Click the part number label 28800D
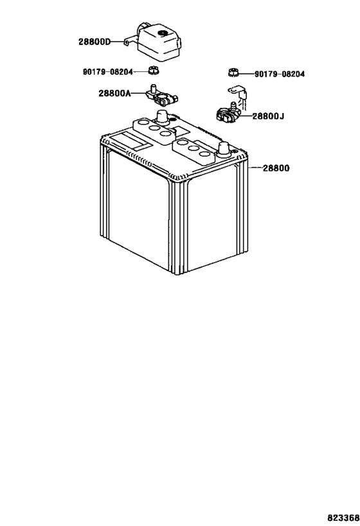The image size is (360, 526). [x=94, y=42]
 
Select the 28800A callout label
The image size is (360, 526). [x=114, y=93]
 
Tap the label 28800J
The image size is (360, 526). [x=268, y=116]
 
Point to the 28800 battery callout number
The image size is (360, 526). [x=276, y=168]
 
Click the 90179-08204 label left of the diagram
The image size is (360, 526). [x=108, y=72]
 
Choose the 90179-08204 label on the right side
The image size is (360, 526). [x=280, y=74]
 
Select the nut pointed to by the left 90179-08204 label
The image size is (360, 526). [x=154, y=71]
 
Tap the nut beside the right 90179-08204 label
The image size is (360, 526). [x=233, y=72]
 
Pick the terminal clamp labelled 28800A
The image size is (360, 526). [x=162, y=95]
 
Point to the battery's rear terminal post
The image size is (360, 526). [x=161, y=117]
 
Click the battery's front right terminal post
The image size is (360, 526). [x=224, y=149]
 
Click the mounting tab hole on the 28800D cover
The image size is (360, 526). [x=126, y=42]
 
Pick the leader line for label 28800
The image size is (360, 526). [x=255, y=168]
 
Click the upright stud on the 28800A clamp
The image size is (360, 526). [x=153, y=89]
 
